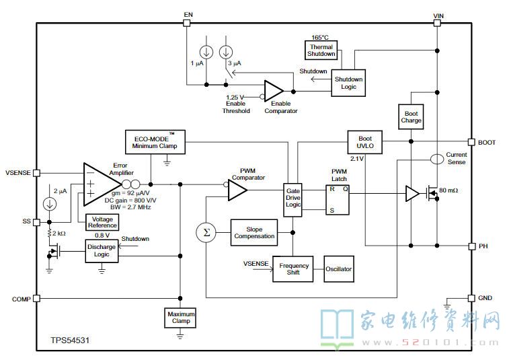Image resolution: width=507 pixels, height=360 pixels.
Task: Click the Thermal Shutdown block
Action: pos(321,50)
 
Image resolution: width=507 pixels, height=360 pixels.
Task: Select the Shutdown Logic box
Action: pos(348,83)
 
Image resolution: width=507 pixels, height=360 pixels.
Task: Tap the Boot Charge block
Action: pos(411,117)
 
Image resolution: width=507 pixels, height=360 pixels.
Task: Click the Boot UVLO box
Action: pos(365,142)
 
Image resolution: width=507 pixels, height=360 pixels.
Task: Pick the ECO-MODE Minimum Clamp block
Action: pos(155,142)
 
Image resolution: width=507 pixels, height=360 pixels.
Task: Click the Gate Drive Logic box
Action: pos(293,200)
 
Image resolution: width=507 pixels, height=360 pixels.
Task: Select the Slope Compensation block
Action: pos(254,233)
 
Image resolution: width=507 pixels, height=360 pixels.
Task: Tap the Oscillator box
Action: pos(339,268)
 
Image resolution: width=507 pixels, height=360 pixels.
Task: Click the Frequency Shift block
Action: pos(293,268)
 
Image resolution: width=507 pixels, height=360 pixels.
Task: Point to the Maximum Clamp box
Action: pos(180,318)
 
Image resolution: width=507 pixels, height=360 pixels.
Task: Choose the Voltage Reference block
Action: pos(102,222)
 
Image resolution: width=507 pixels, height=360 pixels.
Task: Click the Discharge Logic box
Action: pos(102,251)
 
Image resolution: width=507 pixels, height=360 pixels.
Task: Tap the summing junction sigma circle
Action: pos(206,233)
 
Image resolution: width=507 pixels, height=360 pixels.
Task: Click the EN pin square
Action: pos(186,23)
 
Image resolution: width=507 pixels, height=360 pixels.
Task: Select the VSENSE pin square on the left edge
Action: pos(36,173)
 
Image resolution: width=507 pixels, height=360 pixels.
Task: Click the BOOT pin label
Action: pos(487,143)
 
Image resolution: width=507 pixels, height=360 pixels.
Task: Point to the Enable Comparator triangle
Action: pos(274,92)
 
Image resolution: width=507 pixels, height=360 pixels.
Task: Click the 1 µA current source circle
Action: pos(206,52)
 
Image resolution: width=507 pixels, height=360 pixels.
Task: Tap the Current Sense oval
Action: pos(437,159)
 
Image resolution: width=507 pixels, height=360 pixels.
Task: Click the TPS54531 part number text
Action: pos(70,340)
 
